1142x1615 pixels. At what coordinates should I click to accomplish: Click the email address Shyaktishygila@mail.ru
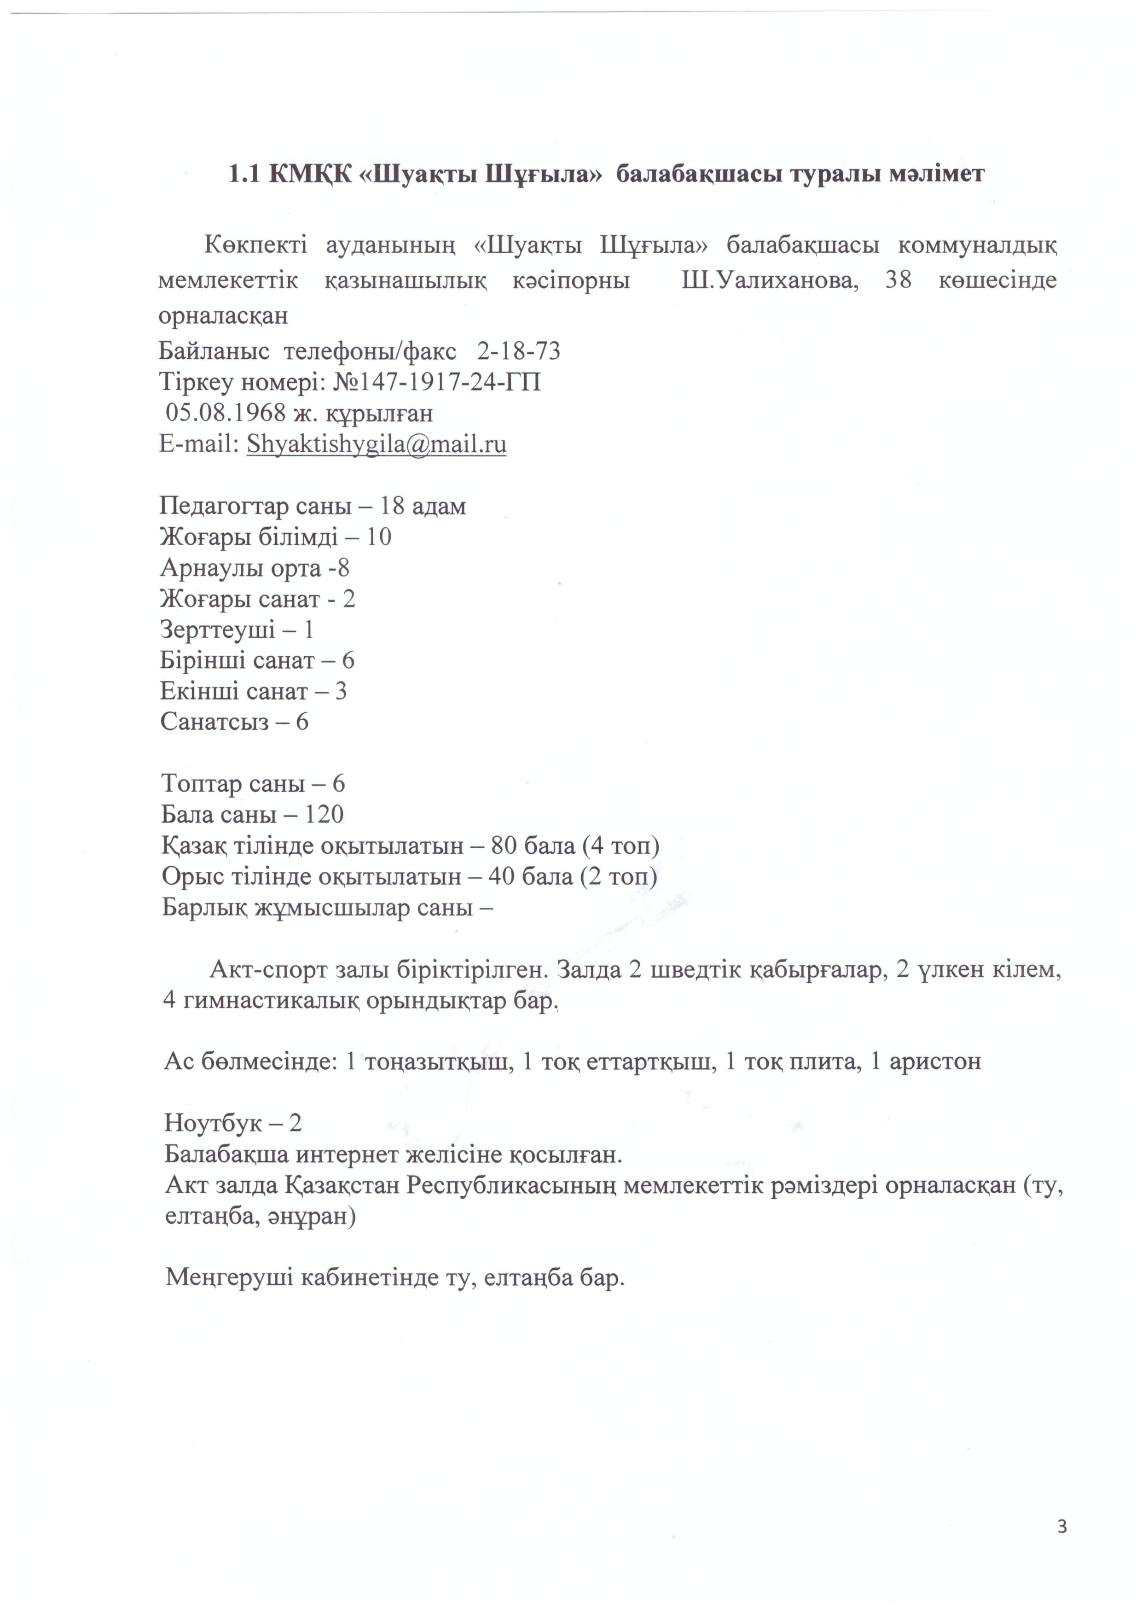click(376, 444)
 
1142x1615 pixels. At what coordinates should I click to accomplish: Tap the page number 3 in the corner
click(1062, 1526)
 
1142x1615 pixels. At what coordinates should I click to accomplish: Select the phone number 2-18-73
click(519, 350)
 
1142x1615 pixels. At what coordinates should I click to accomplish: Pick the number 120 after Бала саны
click(324, 815)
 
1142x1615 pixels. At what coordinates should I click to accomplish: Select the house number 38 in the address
click(898, 280)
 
